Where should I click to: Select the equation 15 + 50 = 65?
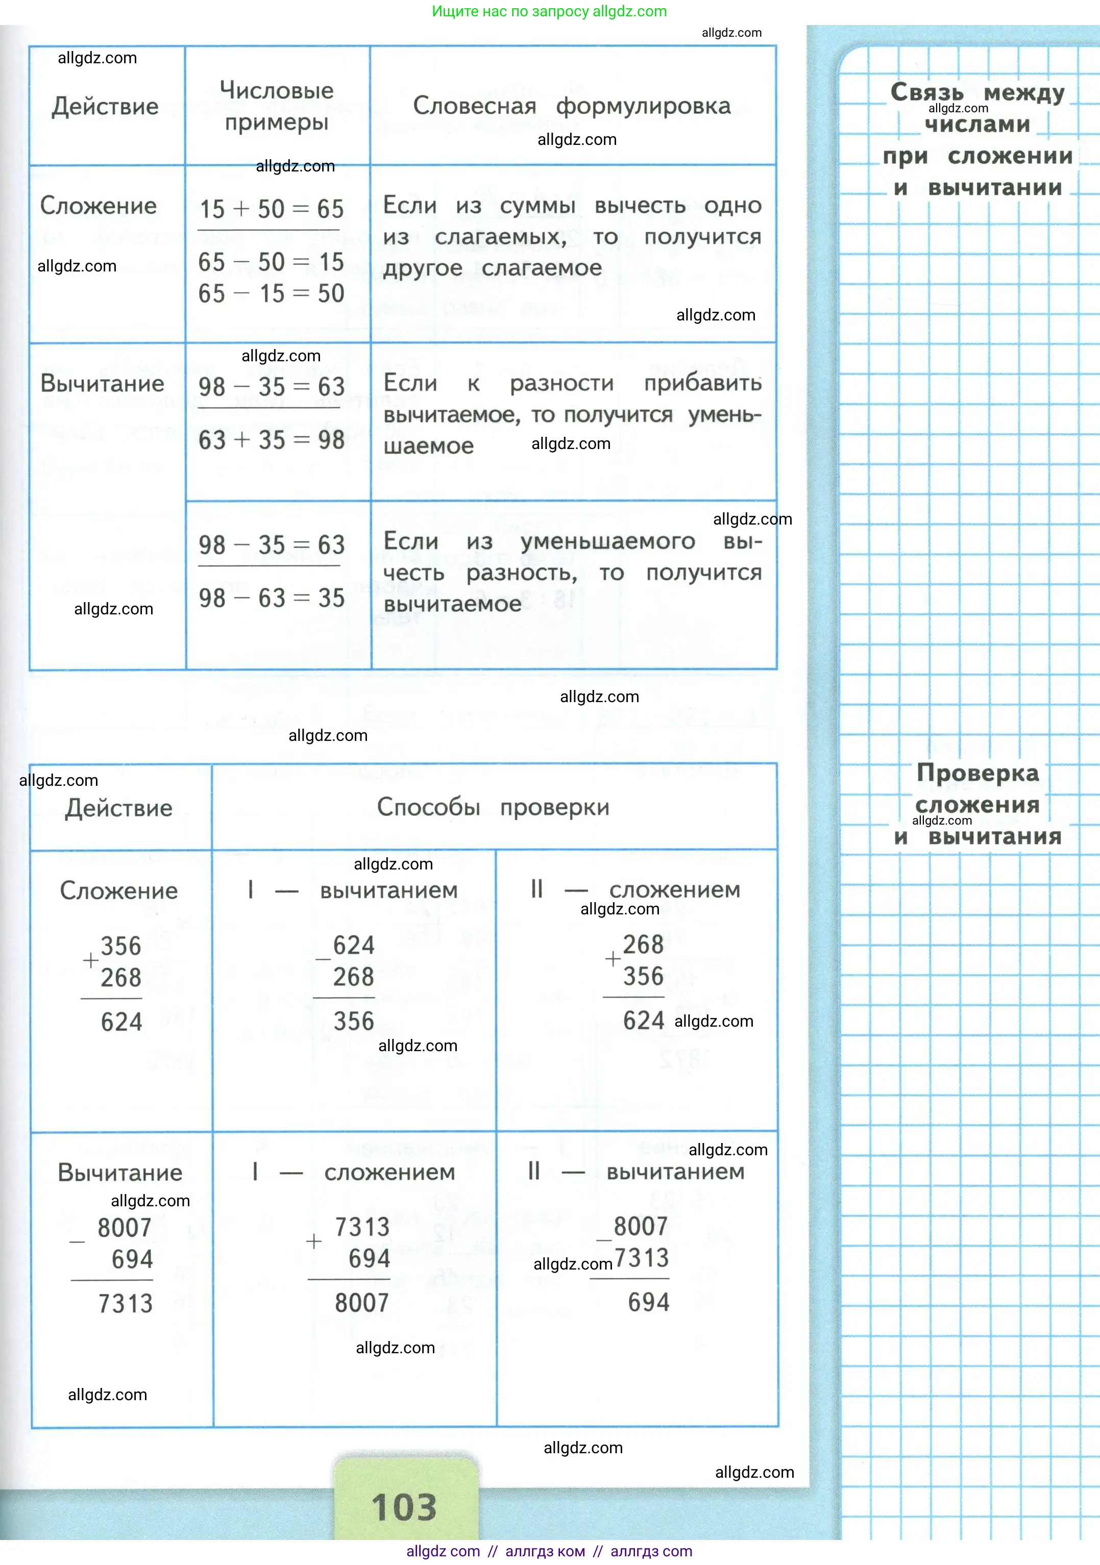click(272, 209)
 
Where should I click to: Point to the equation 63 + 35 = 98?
click(272, 440)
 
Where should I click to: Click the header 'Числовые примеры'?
click(277, 106)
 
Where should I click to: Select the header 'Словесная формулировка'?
click(572, 106)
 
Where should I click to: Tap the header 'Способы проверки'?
click(493, 807)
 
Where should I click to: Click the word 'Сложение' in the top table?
click(98, 206)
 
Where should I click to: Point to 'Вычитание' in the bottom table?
click(120, 1173)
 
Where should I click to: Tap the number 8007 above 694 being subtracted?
click(124, 1228)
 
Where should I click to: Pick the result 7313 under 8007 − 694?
click(126, 1304)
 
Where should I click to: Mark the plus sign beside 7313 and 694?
click(314, 1242)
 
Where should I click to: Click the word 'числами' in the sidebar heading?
click(977, 125)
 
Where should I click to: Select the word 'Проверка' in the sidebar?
click(977, 773)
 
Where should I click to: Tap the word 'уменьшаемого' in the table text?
click(607, 541)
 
